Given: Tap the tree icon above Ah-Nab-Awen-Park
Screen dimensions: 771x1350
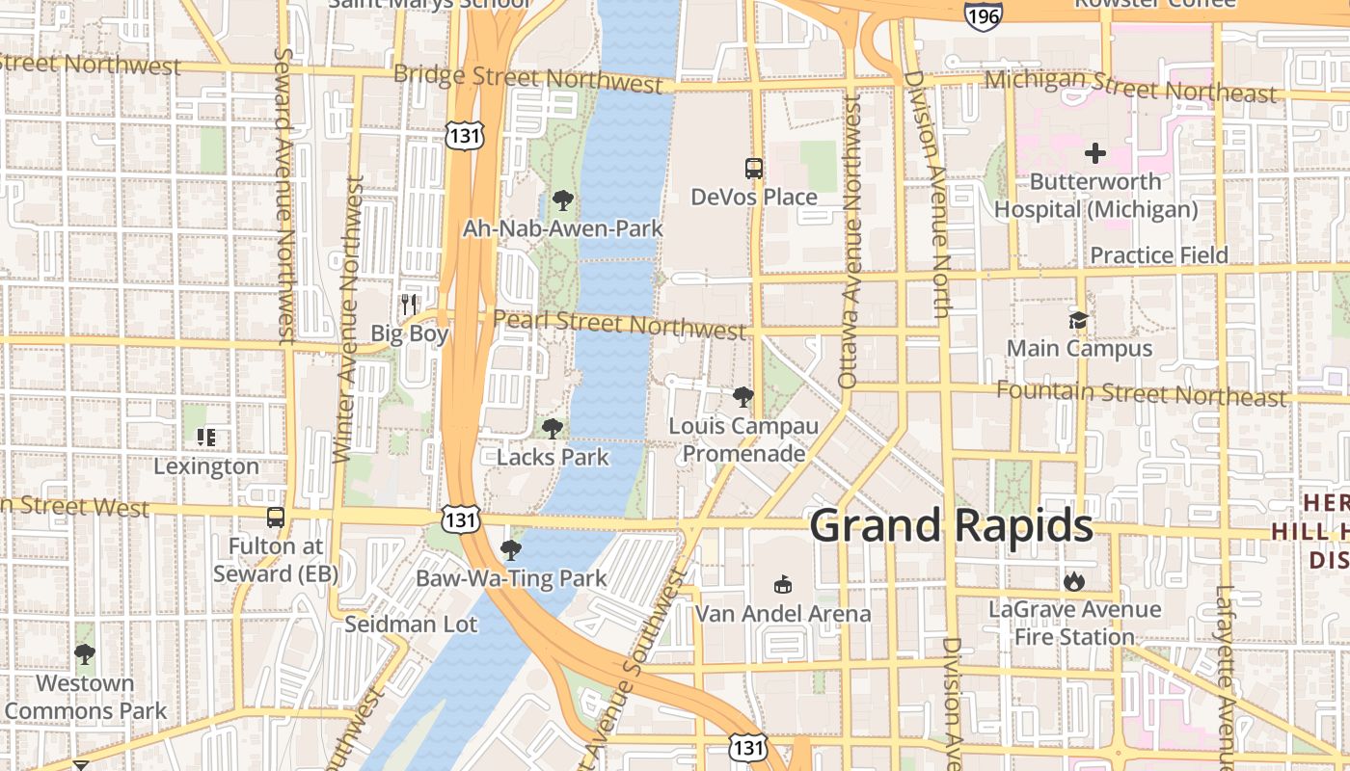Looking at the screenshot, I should pos(563,200).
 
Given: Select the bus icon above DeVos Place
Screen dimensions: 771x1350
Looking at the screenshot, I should pos(754,169).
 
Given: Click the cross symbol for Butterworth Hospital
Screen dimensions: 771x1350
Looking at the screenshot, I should pos(1095,153).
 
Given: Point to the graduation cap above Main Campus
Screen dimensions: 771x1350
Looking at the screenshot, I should pos(1078,320).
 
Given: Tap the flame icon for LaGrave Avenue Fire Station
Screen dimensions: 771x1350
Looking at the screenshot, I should pos(1074,581).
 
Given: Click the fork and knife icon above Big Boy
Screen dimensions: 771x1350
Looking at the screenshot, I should pos(410,305).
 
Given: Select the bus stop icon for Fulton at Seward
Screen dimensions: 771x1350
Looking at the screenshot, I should pos(276,518).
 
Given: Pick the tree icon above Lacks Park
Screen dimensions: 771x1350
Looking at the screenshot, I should pos(553,429).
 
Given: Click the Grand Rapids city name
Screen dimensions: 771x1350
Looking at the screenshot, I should pos(951,526).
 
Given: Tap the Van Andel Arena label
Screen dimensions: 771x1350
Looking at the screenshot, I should pos(783,614).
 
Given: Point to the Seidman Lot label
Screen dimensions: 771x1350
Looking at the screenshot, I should pos(411,625).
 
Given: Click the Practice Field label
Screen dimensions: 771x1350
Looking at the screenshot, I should pos(1158,255).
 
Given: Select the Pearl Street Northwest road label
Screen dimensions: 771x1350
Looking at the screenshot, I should pos(619,324).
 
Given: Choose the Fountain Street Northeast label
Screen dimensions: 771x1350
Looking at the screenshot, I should pos(1141,394).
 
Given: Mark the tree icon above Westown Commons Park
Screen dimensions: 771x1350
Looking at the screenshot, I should pos(85,654).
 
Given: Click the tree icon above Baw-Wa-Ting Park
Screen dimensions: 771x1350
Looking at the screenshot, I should pos(511,550).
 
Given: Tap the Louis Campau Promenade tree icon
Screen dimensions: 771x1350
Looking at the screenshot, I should pos(742,396).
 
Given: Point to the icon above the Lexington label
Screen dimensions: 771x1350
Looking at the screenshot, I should pos(206,438).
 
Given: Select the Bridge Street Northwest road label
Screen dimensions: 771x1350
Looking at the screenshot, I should pos(528,77).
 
